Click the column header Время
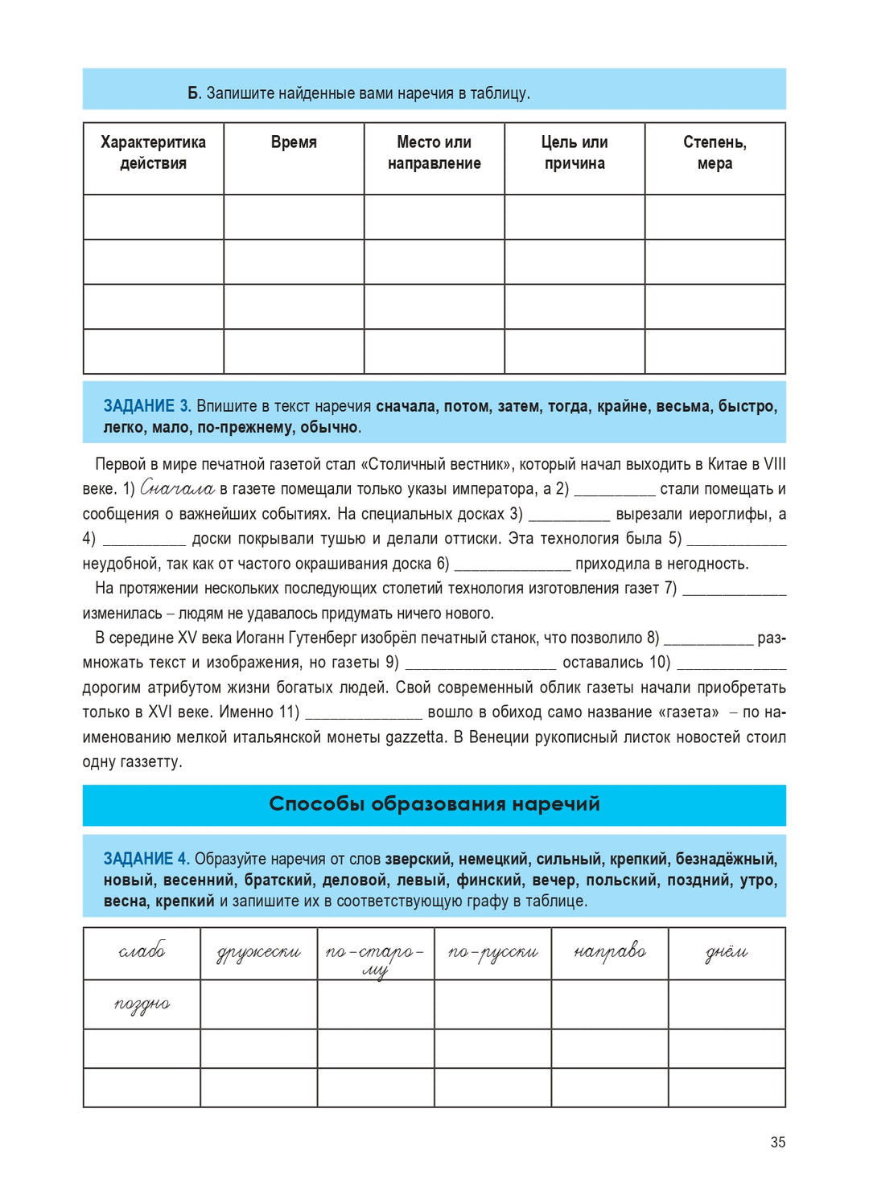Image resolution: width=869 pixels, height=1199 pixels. point(294,143)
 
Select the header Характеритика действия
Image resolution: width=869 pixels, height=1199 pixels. point(153,153)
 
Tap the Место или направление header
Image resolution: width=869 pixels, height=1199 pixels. point(434,153)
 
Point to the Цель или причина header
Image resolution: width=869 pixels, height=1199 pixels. point(575,153)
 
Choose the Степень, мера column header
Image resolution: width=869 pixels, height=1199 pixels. point(715,153)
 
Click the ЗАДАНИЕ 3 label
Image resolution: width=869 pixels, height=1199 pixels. point(146,406)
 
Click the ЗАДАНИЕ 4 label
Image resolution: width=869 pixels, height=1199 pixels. point(146,859)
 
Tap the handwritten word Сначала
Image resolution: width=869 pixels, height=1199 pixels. point(177,488)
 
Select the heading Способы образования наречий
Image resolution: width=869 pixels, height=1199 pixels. point(434,804)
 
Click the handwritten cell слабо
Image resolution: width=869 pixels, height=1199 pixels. point(142,951)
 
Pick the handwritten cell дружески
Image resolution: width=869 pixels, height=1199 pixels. point(258,953)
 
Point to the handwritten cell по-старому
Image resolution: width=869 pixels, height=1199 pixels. point(375,957)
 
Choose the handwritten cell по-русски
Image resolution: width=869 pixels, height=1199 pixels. point(492,953)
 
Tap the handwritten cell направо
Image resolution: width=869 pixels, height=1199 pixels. point(609,951)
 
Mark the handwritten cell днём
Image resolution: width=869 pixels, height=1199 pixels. point(726,953)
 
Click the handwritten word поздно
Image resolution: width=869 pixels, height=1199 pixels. point(142,1004)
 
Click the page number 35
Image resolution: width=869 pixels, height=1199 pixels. point(777,1142)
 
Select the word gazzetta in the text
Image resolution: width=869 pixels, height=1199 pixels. point(415,737)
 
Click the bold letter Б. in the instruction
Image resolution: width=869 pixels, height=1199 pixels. point(194,93)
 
